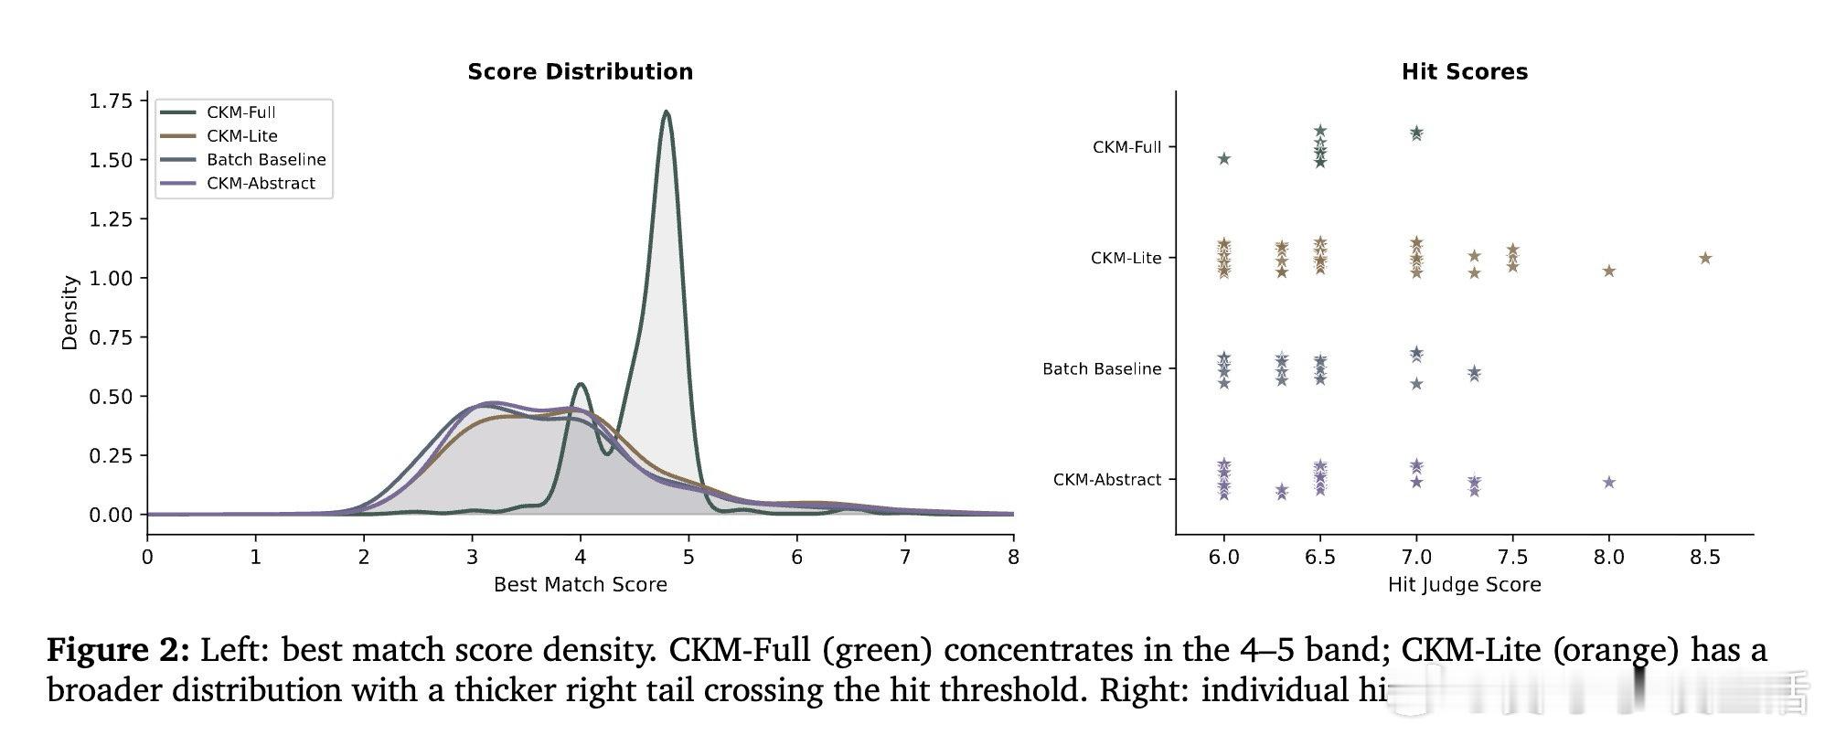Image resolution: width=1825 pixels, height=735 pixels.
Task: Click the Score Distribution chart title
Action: [x=580, y=71]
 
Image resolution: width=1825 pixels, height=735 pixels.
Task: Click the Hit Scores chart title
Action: [x=1464, y=71]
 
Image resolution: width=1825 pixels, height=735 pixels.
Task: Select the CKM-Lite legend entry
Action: [x=241, y=136]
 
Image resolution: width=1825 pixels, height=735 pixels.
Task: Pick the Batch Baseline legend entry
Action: [x=265, y=160]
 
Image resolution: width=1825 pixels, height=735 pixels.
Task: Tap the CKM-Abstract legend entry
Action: [x=260, y=184]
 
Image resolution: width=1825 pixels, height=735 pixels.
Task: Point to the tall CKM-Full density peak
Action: [x=666, y=113]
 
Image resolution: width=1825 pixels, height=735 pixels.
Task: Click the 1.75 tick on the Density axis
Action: [x=111, y=101]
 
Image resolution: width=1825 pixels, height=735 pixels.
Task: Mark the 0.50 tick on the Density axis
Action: [x=111, y=397]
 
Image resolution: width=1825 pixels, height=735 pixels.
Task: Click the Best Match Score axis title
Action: [x=580, y=585]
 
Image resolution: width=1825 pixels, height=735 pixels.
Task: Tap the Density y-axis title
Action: [x=69, y=313]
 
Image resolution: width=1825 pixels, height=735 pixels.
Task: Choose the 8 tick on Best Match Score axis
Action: [x=1012, y=557]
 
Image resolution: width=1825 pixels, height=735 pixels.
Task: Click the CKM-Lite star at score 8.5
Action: [x=1704, y=259]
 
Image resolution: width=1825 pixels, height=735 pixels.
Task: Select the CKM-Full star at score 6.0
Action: [x=1223, y=159]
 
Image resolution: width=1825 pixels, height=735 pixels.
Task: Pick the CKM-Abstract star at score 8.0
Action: [x=1608, y=483]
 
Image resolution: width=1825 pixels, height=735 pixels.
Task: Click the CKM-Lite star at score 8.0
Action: [x=1608, y=271]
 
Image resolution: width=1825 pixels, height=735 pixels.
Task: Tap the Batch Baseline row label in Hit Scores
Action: [x=1101, y=369]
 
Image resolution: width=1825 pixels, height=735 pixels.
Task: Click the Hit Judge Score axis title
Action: [x=1464, y=585]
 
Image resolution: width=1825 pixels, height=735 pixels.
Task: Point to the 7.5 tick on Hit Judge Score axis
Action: [x=1512, y=557]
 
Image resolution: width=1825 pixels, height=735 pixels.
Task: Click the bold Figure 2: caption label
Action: [x=118, y=651]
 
